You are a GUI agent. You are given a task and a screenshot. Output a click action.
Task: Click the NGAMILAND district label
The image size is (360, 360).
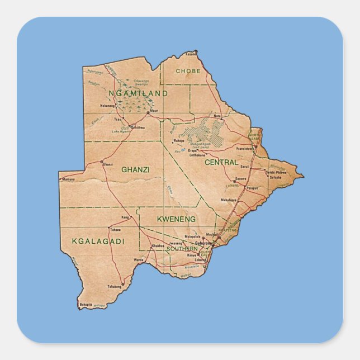138,93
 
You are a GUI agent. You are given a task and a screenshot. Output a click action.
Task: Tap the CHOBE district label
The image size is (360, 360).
188,71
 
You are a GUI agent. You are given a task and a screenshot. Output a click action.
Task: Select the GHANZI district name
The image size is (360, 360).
135,169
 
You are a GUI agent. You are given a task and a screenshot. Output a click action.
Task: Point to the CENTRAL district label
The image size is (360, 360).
221,162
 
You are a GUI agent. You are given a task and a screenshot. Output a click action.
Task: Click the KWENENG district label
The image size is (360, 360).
176,219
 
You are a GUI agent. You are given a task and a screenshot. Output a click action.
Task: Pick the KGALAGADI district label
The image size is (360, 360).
98,241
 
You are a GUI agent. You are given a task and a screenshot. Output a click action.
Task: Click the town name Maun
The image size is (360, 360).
154,111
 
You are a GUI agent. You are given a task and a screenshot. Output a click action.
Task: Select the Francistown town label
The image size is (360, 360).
244,149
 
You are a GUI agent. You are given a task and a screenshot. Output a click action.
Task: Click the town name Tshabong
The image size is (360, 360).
114,286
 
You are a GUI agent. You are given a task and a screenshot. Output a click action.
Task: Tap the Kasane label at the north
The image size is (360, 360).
191,54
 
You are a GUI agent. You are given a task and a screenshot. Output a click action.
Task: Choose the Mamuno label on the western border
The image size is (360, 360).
68,179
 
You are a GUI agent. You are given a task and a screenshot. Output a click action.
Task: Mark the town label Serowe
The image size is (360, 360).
240,178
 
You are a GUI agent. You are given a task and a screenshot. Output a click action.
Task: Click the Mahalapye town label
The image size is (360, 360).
229,200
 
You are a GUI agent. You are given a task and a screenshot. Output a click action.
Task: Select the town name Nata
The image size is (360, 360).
217,116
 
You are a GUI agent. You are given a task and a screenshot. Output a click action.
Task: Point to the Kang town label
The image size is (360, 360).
125,217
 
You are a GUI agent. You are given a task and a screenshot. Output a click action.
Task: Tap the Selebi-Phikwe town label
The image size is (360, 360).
276,173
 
